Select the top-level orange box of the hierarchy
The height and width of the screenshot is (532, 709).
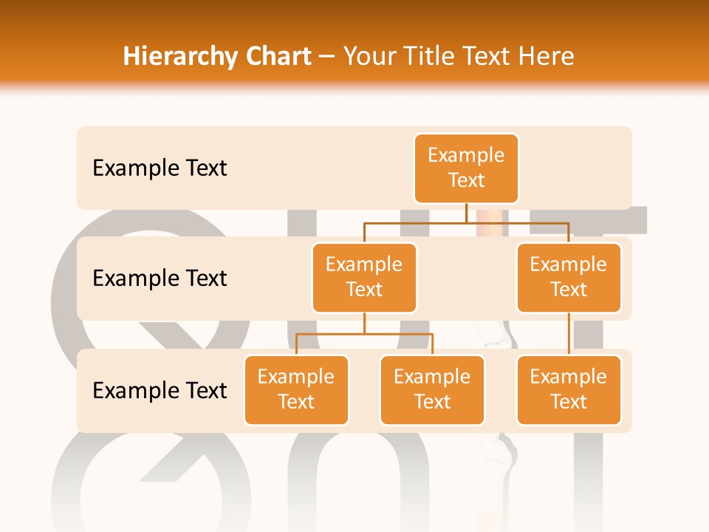pos(466,168)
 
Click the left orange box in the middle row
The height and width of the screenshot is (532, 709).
pos(364,277)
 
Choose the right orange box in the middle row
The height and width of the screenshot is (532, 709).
pos(569,277)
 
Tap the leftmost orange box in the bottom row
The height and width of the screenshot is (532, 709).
pos(296,389)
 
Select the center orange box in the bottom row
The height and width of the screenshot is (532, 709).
pos(432,389)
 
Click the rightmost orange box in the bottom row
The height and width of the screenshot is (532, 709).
pos(569,389)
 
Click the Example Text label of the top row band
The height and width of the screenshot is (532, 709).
pos(160,168)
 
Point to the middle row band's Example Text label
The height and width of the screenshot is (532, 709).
pos(160,279)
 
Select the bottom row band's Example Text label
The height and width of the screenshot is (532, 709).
pos(160,390)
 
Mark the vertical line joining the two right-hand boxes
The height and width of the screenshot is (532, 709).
pos(569,334)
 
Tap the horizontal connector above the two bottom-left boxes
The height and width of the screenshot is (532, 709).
pos(364,334)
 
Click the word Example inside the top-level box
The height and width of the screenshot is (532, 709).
pos(466,155)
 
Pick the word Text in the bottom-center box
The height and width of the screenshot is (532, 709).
pos(432,402)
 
